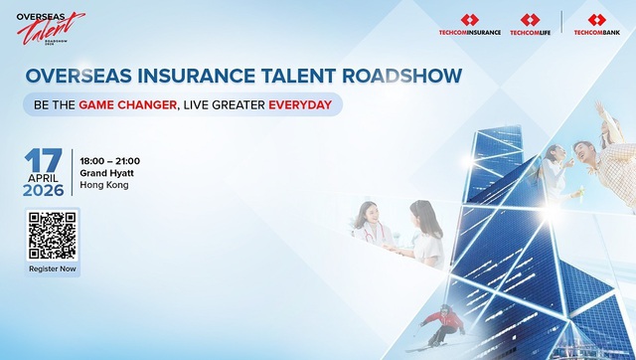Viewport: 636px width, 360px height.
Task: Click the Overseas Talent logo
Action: click(x=50, y=28)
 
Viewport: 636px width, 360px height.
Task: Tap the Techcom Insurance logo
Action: click(x=469, y=25)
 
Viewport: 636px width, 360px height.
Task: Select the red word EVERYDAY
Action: click(x=301, y=104)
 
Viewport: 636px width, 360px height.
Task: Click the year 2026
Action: click(x=44, y=190)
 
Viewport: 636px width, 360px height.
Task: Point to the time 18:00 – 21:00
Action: click(x=110, y=161)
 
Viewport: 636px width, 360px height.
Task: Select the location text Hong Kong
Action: click(x=104, y=185)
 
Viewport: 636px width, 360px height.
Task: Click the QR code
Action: click(x=53, y=236)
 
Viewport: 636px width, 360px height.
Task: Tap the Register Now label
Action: click(x=53, y=270)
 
